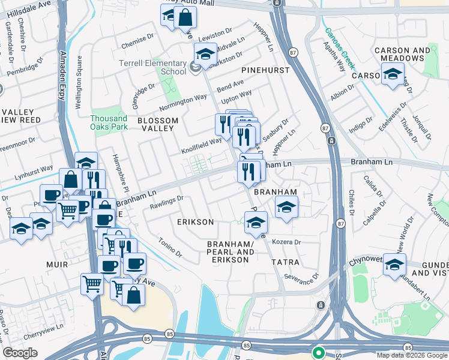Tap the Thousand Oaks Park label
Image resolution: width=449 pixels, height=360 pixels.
point(109,122)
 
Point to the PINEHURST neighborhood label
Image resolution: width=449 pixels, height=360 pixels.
point(266,70)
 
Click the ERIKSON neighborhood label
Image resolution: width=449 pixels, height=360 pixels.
point(195,222)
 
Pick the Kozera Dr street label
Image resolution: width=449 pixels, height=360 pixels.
point(286,242)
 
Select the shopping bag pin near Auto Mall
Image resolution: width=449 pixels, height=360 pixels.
point(184,17)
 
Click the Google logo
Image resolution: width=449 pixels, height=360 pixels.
point(20,353)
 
